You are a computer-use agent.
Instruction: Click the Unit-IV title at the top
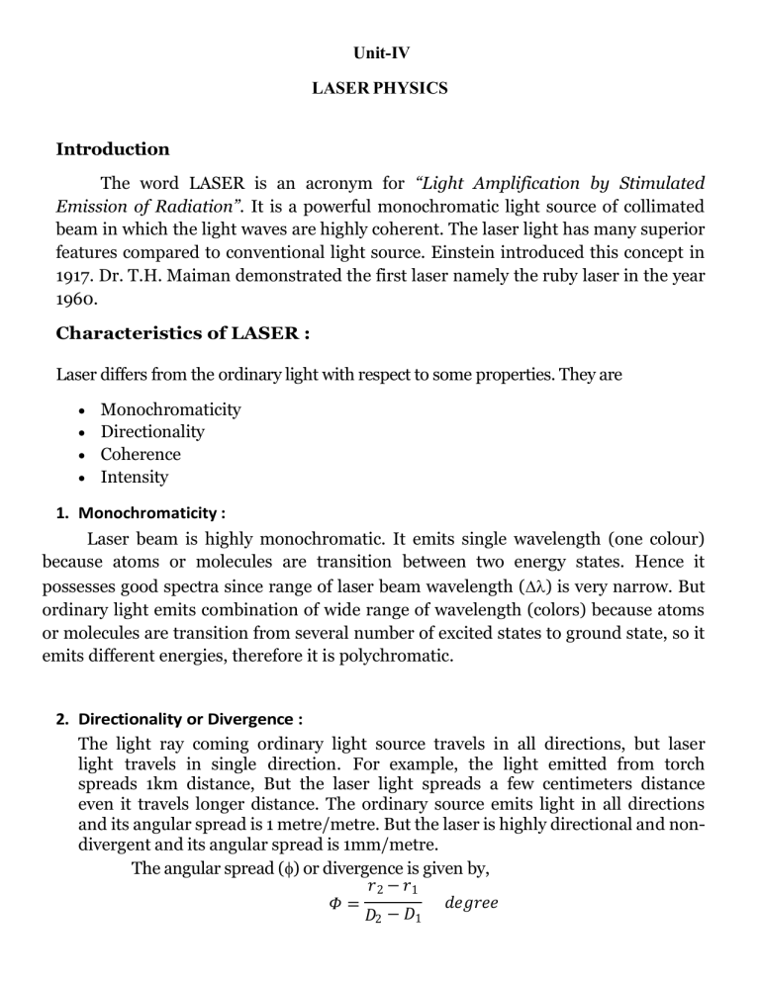380,45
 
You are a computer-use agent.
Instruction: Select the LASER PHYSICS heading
380,89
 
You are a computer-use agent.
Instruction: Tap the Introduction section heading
113,149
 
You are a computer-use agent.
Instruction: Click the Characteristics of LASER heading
184,333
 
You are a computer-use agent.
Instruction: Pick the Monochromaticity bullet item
170,409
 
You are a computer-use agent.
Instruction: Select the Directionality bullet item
152,432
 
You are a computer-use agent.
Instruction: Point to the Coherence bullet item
141,455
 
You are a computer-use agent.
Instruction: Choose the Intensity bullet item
135,478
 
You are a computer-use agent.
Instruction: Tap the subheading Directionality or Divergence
187,719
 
